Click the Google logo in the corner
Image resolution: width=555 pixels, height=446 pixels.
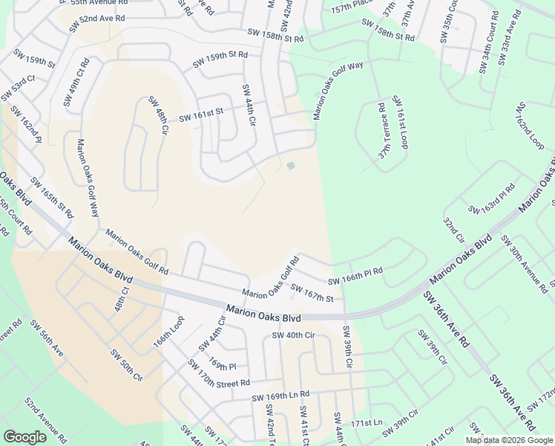(24, 437)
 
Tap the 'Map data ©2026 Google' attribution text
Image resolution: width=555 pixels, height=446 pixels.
(509, 440)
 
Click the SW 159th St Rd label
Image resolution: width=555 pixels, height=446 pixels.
(220, 60)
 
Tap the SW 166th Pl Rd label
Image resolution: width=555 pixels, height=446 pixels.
(355, 277)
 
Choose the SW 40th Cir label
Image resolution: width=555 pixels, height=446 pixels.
(295, 334)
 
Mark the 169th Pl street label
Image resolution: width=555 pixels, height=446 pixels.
(222, 366)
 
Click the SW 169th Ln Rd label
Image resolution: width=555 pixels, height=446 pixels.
(280, 395)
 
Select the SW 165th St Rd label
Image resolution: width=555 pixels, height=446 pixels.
(53, 198)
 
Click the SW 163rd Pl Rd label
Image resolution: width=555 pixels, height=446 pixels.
(487, 201)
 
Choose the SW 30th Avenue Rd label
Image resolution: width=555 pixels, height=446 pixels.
(525, 263)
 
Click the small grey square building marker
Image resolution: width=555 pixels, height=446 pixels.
(291, 166)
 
